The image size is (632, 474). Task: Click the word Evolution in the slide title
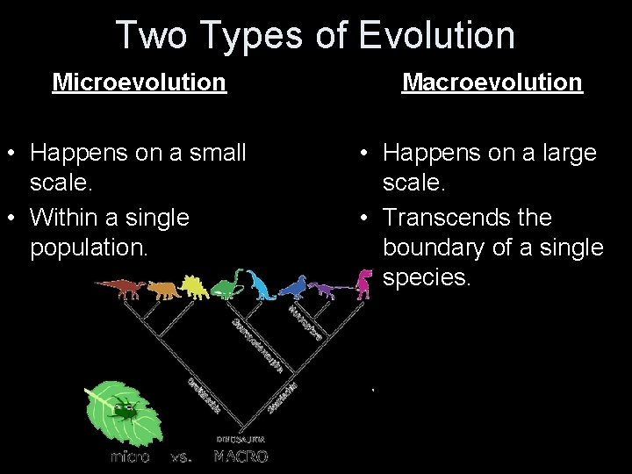pos(436,35)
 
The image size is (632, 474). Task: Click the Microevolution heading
pos(139,83)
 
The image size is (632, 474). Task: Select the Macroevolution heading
pos(492,83)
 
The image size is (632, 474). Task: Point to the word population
pos(89,248)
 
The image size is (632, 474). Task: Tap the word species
pos(427,278)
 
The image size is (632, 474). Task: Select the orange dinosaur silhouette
pos(162,288)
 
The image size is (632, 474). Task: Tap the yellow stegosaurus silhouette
pos(195,286)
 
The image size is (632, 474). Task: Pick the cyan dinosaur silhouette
pos(261,284)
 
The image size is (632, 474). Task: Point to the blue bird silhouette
pos(293,286)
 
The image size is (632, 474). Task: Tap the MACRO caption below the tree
pos(241,456)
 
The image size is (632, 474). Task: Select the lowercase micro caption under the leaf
pos(129,456)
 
